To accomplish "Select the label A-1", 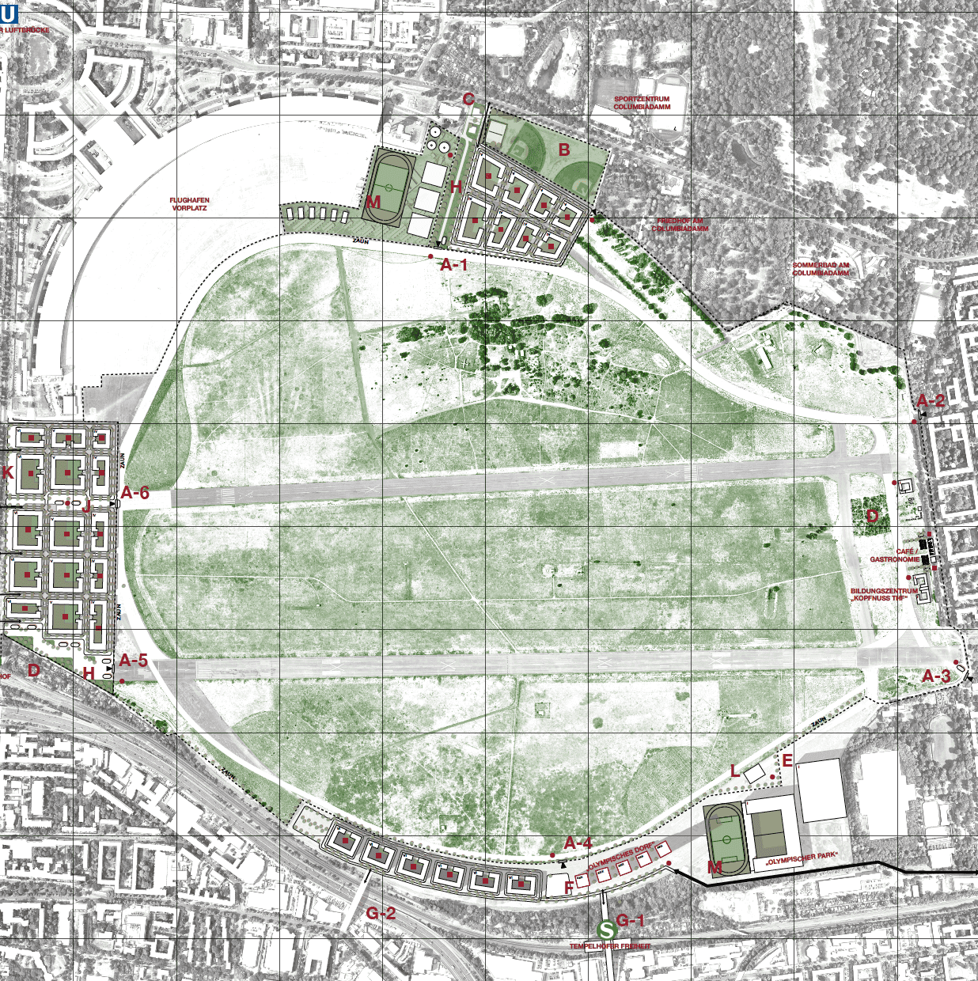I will pos(454,265).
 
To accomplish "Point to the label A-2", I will pos(931,400).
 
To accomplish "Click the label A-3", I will pos(937,676).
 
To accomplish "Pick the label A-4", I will pos(578,843).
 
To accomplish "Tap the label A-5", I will pos(134,660).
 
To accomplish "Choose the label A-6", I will pos(135,493).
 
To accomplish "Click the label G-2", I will pos(381,913).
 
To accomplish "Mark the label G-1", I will pos(631,920).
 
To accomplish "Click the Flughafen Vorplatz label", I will pos(189,204).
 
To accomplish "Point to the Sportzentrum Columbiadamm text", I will pos(642,103).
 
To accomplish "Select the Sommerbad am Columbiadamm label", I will pos(821,269).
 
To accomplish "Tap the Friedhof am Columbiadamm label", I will pos(680,225).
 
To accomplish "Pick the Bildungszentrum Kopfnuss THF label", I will pos(884,595).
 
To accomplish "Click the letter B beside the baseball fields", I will pos(564,150).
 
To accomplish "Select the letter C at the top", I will pos(468,99).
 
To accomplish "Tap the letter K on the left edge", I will pos(8,473).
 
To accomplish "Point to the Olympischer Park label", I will pos(801,857).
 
